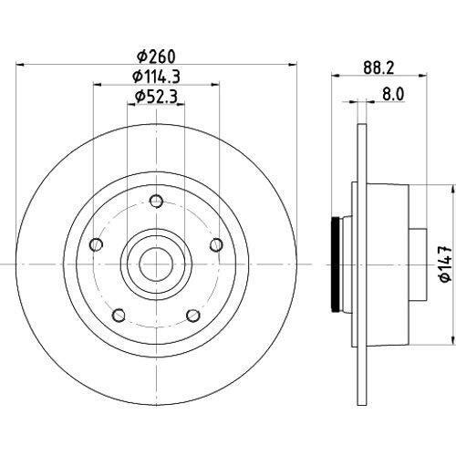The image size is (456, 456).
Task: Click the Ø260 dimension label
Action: point(156,57)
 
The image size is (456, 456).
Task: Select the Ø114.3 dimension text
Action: point(156,76)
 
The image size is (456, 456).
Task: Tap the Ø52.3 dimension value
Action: point(156,97)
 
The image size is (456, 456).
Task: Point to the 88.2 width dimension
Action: point(378,67)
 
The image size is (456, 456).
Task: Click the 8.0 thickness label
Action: point(393,94)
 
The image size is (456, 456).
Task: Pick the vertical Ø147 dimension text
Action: point(446,264)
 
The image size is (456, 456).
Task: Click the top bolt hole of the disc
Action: point(157,202)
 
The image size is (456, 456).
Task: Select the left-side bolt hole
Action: point(97,244)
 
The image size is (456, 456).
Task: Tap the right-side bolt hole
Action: point(216,244)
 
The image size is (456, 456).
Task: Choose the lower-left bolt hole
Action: point(119,316)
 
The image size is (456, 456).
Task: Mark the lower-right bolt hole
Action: point(193,316)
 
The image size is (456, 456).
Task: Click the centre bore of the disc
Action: point(156,264)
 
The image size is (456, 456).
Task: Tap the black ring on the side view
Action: point(336,264)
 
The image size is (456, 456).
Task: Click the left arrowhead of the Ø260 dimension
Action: point(20,65)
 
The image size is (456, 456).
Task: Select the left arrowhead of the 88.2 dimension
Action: point(336,75)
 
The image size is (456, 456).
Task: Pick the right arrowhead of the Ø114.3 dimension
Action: point(215,84)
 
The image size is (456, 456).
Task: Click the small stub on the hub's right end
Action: point(418,264)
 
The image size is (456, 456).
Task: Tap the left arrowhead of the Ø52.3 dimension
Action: point(131,104)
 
